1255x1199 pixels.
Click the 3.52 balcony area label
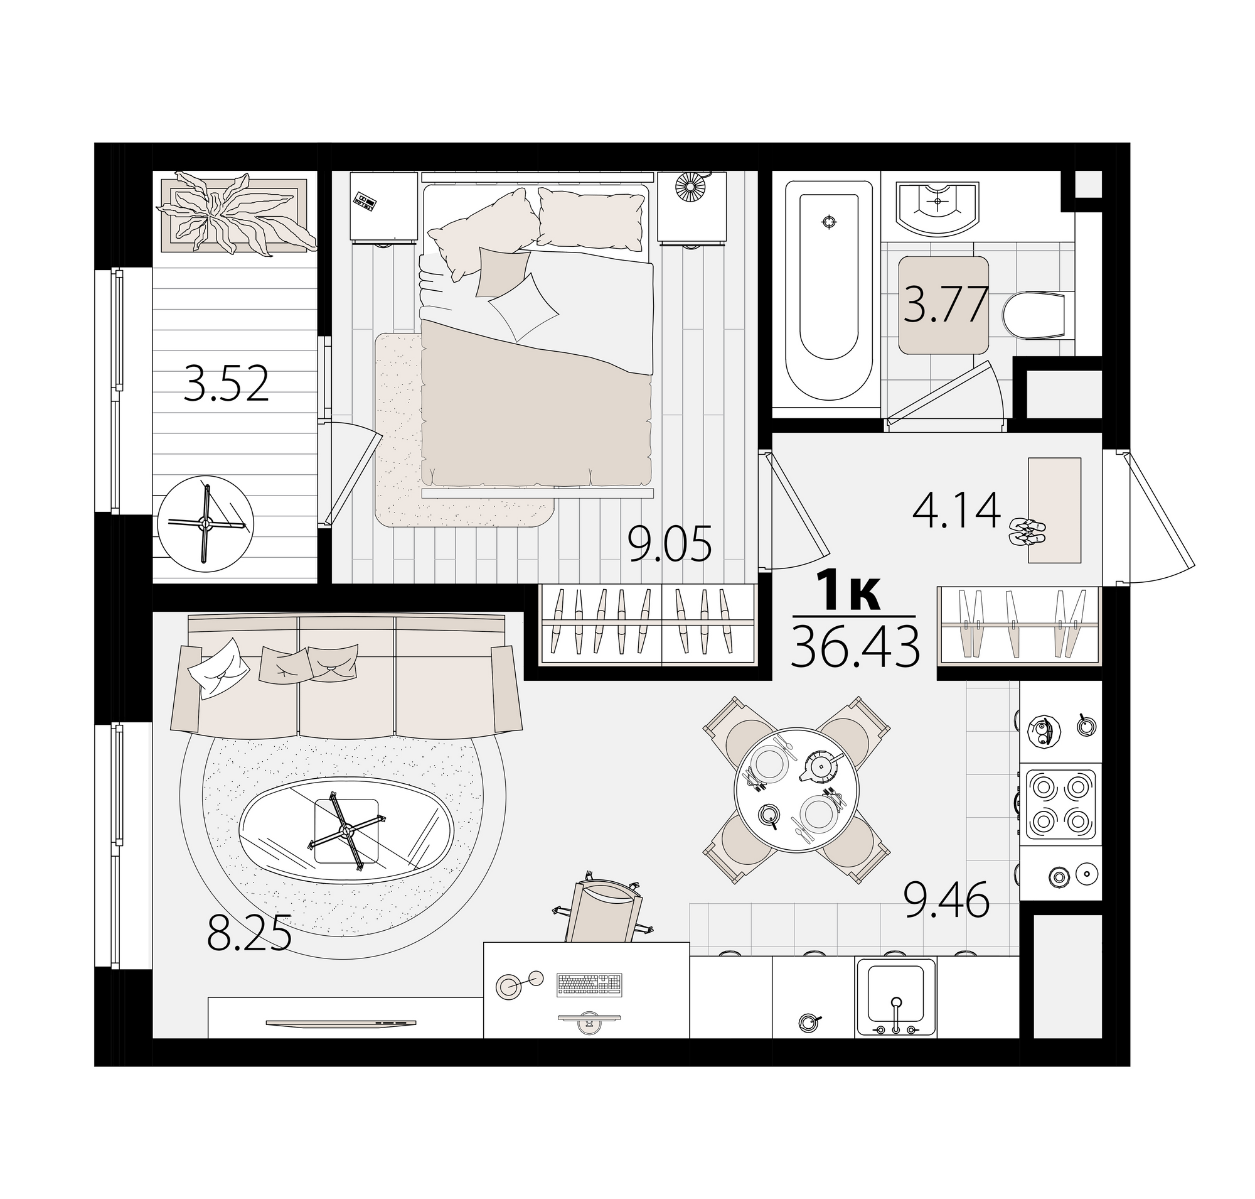point(226,384)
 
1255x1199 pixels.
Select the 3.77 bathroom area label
point(944,305)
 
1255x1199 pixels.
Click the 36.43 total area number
point(855,646)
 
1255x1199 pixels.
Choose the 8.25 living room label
point(249,932)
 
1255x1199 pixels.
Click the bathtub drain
point(829,222)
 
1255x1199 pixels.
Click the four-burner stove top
point(1060,803)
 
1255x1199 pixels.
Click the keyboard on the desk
point(589,985)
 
